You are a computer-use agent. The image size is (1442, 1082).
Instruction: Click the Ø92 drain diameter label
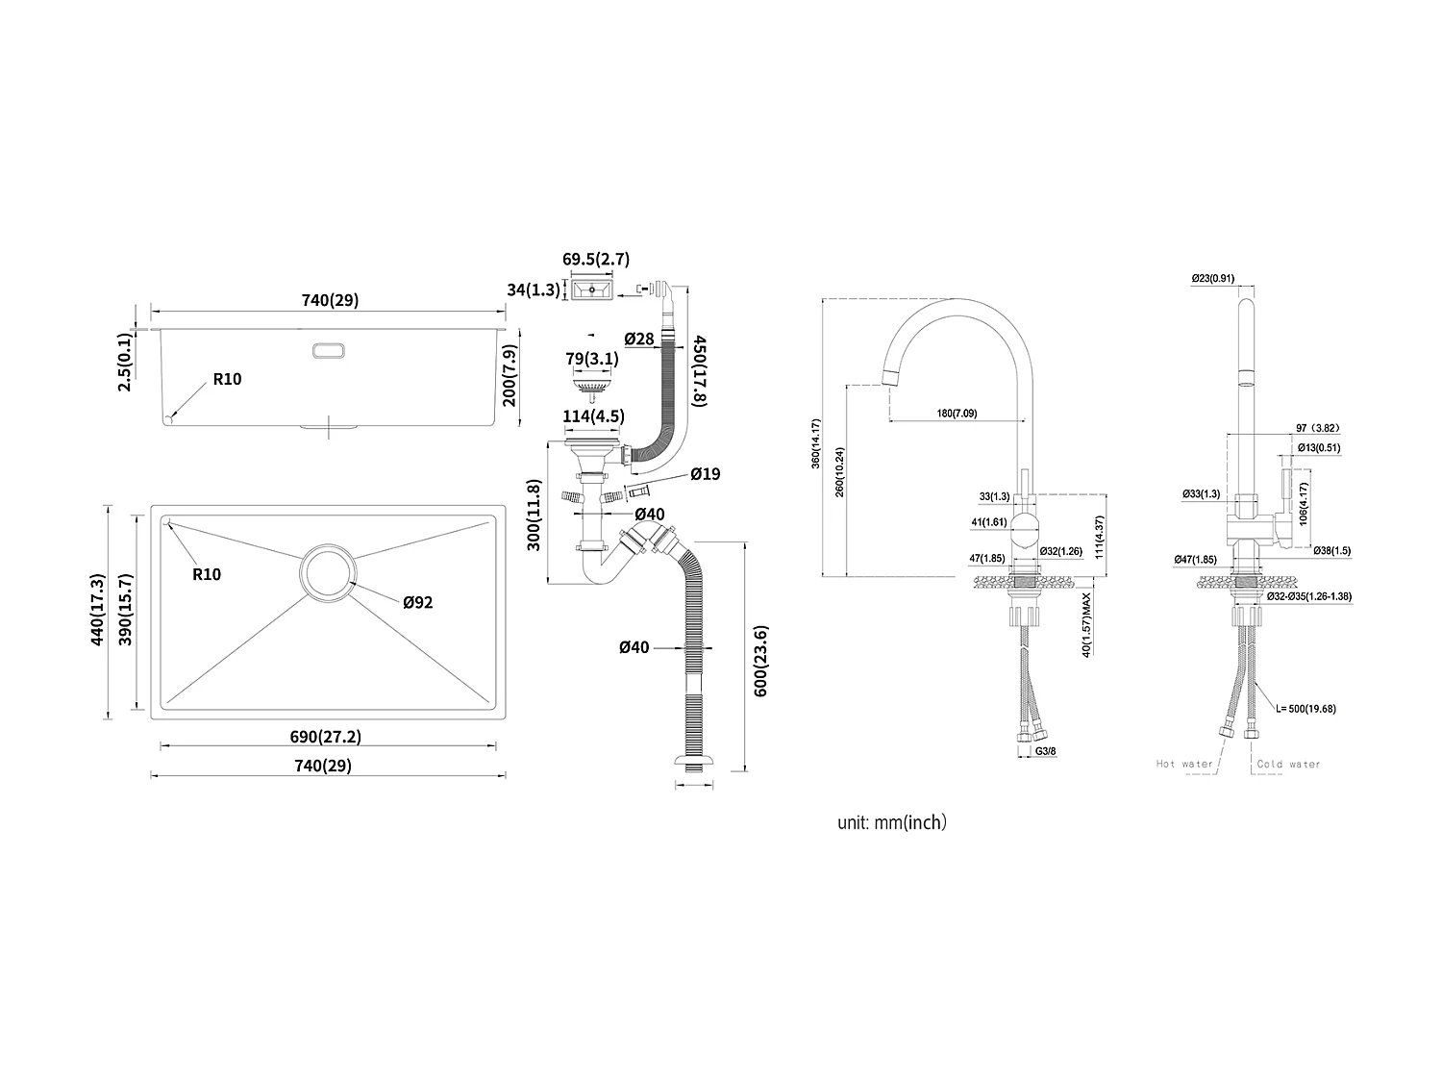(x=418, y=603)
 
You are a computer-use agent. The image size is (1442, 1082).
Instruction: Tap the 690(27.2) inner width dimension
(x=326, y=738)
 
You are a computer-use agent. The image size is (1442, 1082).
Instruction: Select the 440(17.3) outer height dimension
(x=97, y=609)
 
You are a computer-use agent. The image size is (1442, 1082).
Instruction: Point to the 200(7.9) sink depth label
(x=510, y=374)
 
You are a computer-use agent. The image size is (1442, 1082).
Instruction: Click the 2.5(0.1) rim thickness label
(x=124, y=363)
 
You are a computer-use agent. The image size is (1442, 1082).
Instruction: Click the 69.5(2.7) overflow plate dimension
(x=596, y=260)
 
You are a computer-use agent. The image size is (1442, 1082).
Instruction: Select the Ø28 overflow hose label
(x=638, y=339)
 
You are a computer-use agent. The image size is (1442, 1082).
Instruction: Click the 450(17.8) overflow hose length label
(x=700, y=370)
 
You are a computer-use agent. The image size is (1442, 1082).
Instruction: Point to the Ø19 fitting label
(x=705, y=474)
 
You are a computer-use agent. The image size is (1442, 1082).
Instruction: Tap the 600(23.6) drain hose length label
(x=760, y=661)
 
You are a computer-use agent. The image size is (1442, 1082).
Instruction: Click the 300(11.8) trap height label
(x=535, y=515)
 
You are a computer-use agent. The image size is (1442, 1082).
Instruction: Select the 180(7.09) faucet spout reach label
(x=956, y=414)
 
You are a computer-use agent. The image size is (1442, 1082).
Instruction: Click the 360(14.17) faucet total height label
(x=815, y=442)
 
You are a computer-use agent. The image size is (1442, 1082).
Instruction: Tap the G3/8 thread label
(x=1045, y=751)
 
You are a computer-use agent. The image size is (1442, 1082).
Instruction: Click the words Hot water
(x=1184, y=765)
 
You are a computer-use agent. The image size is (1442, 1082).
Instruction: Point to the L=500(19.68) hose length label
(x=1305, y=709)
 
